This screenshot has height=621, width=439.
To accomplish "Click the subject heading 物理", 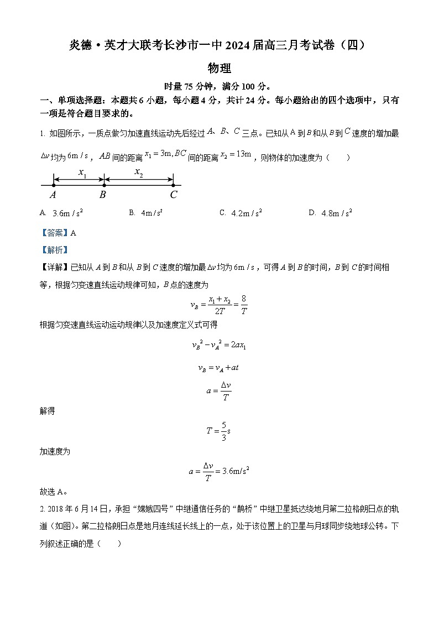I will [219, 69].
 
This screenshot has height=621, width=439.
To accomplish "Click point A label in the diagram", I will [53, 195].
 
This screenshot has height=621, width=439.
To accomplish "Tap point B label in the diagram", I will [103, 195].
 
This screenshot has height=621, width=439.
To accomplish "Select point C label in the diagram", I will [174, 195].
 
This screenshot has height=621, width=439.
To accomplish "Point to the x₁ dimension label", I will [82, 173].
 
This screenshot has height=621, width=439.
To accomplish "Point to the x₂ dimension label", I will [138, 172].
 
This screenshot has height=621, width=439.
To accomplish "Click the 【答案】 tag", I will [53, 233].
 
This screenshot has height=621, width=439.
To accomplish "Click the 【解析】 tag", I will [53, 249].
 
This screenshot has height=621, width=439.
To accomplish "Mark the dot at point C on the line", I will [174, 185].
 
